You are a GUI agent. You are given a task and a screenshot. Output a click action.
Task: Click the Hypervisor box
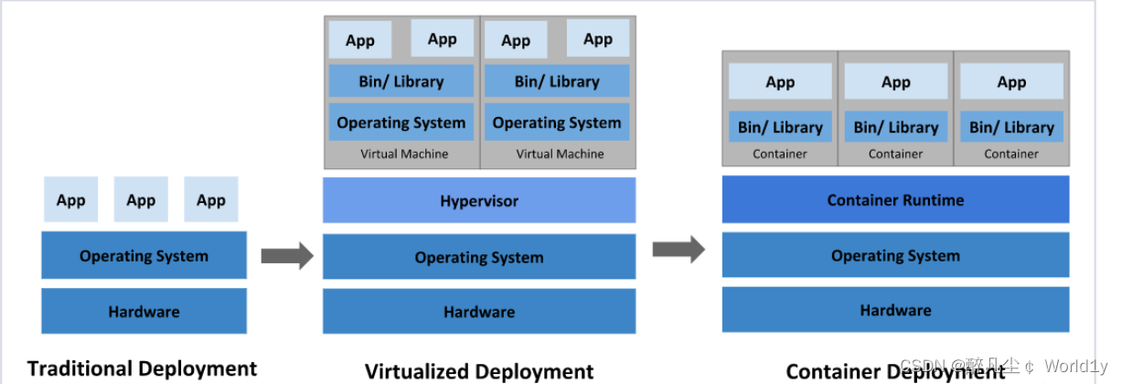(x=479, y=200)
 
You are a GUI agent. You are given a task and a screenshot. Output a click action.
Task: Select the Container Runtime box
(x=895, y=200)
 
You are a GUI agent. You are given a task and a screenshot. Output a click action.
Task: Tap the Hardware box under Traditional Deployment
(x=144, y=312)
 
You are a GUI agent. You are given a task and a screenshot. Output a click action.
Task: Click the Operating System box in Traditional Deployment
(x=144, y=256)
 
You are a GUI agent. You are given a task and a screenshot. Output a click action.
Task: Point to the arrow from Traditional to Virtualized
(x=286, y=256)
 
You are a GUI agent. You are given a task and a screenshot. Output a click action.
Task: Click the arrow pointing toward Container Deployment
(x=679, y=249)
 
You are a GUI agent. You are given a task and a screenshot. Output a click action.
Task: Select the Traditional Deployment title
(x=142, y=368)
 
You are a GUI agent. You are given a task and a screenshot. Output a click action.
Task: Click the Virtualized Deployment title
(x=479, y=371)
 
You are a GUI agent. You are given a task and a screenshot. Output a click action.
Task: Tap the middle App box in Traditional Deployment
(x=141, y=200)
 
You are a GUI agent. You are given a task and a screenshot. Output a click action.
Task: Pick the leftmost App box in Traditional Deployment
(x=70, y=200)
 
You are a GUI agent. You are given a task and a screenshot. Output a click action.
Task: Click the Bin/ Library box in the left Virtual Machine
(x=401, y=81)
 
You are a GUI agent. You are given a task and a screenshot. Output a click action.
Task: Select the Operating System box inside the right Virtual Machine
(x=557, y=123)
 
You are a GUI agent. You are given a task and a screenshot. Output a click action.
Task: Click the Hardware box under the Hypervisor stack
(x=479, y=312)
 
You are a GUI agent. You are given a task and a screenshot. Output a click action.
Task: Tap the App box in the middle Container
(x=895, y=82)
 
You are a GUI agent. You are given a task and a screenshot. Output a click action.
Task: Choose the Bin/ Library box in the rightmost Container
(x=1011, y=127)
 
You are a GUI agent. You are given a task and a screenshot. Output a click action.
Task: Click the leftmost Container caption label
(x=780, y=154)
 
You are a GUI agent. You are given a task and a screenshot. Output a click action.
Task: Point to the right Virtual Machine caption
(x=560, y=154)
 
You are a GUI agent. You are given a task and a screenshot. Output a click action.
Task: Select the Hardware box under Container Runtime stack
(x=895, y=311)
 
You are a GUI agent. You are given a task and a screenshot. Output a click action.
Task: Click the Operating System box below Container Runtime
(x=895, y=256)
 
